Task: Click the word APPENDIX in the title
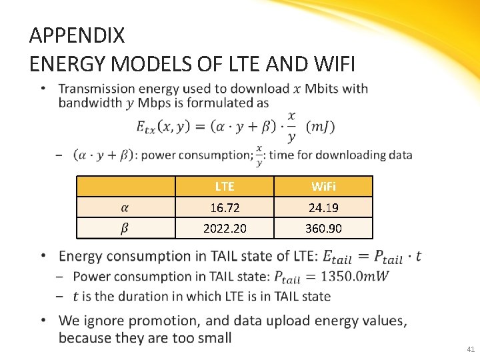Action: pyautogui.click(x=77, y=35)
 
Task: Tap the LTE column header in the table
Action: pyautogui.click(x=225, y=186)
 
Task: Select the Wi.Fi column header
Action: pyautogui.click(x=323, y=186)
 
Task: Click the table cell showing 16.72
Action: pyautogui.click(x=225, y=207)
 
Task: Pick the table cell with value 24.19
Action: pyautogui.click(x=323, y=207)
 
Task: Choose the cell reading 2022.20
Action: pyautogui.click(x=225, y=229)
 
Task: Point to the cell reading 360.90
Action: pyautogui.click(x=323, y=229)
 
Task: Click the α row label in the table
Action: pyautogui.click(x=125, y=207)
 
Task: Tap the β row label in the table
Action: pyautogui.click(x=125, y=229)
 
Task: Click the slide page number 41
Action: pyautogui.click(x=471, y=349)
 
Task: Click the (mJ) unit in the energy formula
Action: pyautogui.click(x=320, y=126)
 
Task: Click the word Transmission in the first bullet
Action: pyautogui.click(x=99, y=89)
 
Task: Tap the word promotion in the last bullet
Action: pyautogui.click(x=145, y=321)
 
